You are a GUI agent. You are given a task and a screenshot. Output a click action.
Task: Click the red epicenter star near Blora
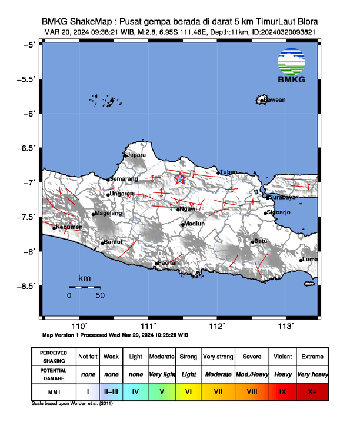[181, 178]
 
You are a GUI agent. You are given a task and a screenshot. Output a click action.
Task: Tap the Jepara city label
[136, 155]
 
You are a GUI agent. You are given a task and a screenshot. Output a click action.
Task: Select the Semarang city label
[124, 178]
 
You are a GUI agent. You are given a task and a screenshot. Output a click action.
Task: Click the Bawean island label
[274, 100]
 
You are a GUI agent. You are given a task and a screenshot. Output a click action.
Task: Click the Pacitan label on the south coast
[168, 263]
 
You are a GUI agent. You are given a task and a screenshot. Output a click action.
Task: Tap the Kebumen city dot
[54, 228]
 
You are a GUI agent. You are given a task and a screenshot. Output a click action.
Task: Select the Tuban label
[228, 172]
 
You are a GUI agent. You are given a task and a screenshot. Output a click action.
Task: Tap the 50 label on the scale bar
[99, 295]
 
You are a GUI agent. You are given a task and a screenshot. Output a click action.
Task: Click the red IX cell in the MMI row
[282, 391]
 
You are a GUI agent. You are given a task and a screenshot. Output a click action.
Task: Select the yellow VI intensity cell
[189, 391]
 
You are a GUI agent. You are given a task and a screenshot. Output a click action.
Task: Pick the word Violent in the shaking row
[282, 357]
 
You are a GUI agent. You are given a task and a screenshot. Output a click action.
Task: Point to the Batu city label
[260, 241]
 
